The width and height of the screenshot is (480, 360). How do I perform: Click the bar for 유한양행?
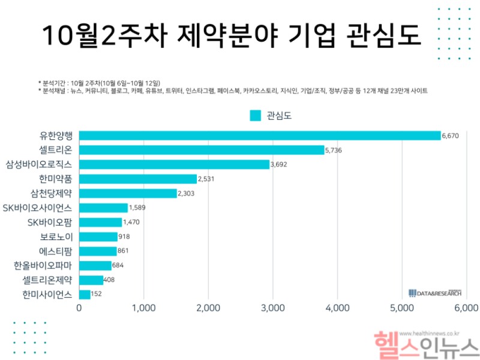coord(260,136)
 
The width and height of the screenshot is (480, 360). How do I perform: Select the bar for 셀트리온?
coord(202,150)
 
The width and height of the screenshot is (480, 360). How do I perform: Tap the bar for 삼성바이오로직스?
coord(174,164)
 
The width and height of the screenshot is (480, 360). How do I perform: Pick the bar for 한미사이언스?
coord(85,294)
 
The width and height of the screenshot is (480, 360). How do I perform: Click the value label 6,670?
coord(450,136)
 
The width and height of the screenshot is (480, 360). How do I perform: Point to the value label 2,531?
coord(206,179)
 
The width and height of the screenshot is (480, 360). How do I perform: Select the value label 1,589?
coord(137,208)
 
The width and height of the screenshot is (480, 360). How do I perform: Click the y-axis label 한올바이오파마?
coord(43,265)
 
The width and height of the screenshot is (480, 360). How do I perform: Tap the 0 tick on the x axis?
coord(79,308)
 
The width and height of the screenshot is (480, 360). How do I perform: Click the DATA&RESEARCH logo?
coord(435,293)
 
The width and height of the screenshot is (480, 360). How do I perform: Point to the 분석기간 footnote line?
coord(103,82)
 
